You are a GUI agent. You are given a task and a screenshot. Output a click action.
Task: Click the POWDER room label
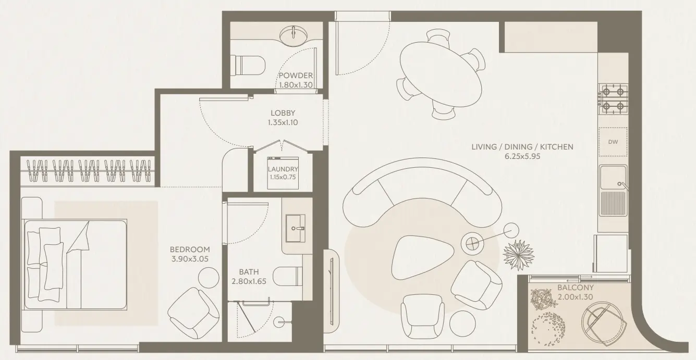(295, 76)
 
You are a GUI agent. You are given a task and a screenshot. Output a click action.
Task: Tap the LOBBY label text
(283, 113)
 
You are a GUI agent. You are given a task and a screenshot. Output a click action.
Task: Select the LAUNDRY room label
(283, 169)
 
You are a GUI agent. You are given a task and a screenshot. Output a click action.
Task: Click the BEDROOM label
(190, 250)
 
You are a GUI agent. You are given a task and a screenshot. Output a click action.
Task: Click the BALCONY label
(575, 288)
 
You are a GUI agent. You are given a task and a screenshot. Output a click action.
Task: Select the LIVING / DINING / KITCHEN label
(522, 147)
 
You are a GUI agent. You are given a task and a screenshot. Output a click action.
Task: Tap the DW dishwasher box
(613, 141)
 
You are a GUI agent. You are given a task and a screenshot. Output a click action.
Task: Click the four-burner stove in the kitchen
(613, 100)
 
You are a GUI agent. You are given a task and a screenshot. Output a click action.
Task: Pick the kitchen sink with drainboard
(613, 190)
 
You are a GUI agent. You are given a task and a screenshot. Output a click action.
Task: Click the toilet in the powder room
(249, 65)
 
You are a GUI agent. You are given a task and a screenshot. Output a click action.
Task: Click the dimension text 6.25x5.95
(522, 156)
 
